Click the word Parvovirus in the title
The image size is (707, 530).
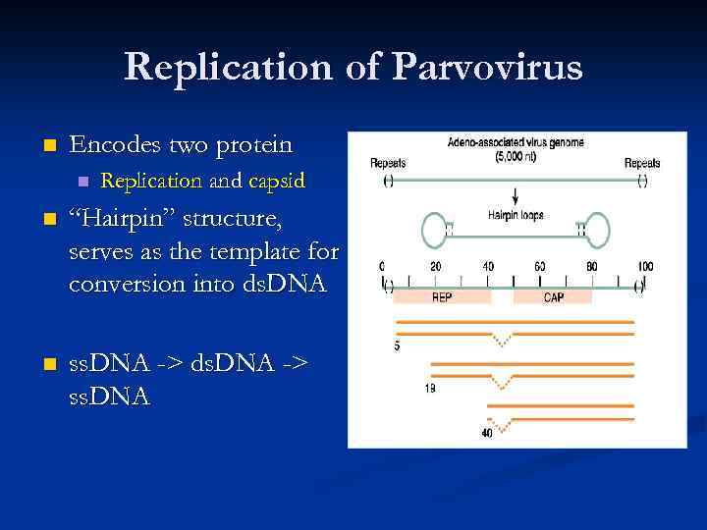click(x=487, y=69)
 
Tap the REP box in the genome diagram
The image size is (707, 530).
click(x=442, y=295)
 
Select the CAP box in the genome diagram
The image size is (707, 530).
click(x=554, y=295)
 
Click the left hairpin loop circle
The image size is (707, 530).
click(x=435, y=231)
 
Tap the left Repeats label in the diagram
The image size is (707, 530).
click(x=388, y=163)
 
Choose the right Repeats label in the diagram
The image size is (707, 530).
click(x=642, y=163)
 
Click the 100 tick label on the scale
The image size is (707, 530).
click(x=644, y=267)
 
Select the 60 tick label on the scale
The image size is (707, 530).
click(x=540, y=267)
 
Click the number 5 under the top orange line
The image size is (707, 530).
click(x=397, y=345)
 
